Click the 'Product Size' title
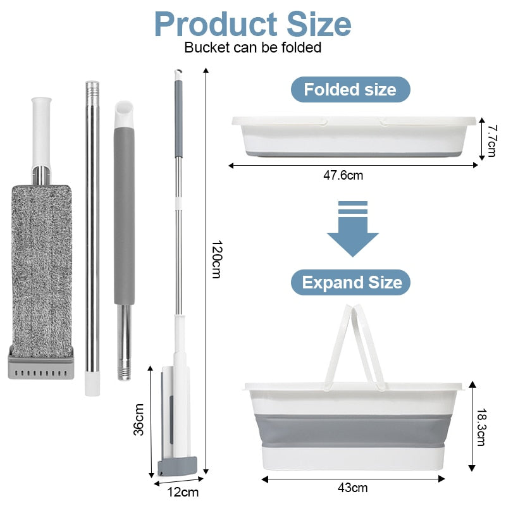(x=252, y=25)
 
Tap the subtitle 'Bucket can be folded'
(x=252, y=47)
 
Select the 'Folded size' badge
(x=350, y=89)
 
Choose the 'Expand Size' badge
(x=351, y=282)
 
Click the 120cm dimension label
(x=216, y=259)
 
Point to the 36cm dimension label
(x=139, y=419)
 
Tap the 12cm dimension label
(x=183, y=493)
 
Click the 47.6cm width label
(x=343, y=175)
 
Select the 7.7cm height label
(x=492, y=141)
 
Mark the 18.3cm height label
(x=481, y=428)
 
